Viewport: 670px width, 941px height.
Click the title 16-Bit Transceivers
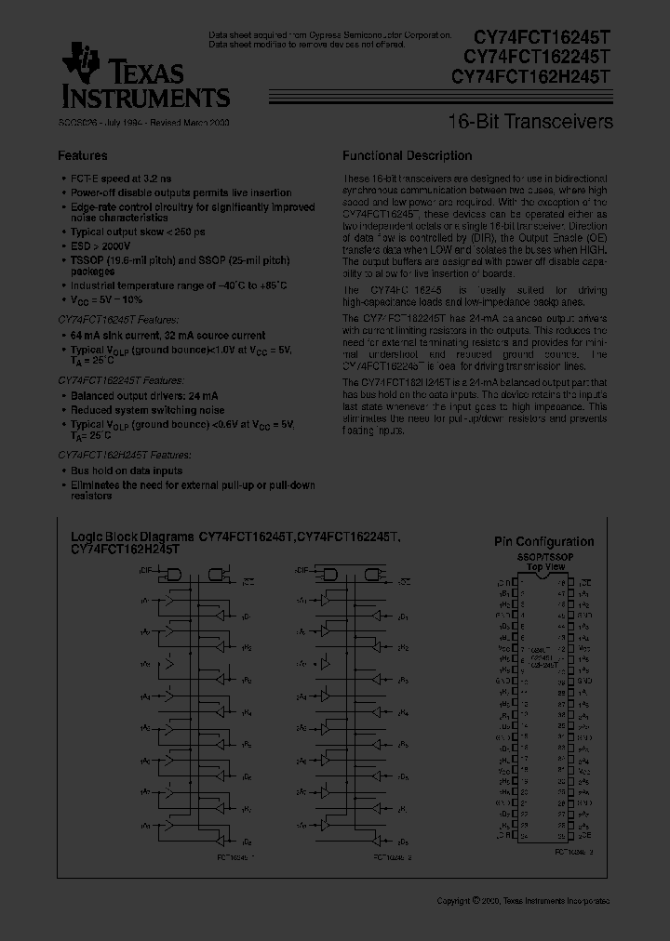click(x=530, y=122)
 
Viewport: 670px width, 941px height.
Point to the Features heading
click(x=83, y=156)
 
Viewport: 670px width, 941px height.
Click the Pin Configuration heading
click(x=543, y=542)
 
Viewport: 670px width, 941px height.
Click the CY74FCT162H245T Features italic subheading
click(x=125, y=455)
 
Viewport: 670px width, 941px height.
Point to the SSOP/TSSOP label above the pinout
click(x=545, y=556)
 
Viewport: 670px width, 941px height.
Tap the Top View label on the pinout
click(x=545, y=565)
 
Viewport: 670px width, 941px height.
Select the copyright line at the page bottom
click(x=523, y=901)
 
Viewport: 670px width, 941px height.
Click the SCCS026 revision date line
click(x=143, y=122)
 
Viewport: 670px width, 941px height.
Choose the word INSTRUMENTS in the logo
click(x=145, y=96)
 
